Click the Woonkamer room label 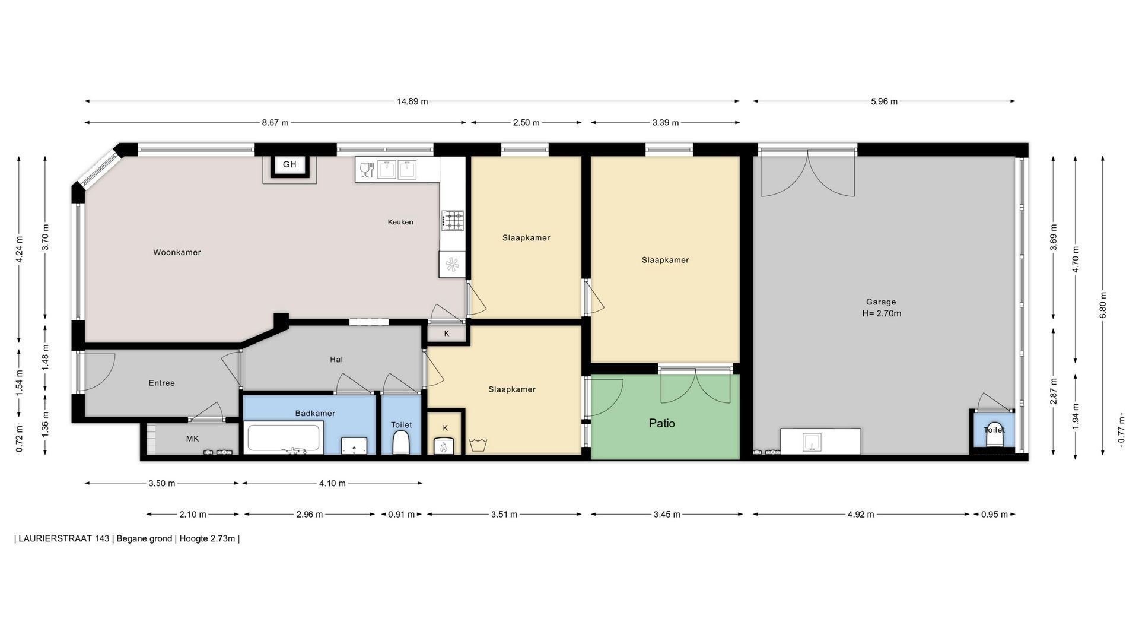click(177, 252)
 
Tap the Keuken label click(400, 222)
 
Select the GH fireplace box click(289, 165)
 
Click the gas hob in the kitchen click(453, 221)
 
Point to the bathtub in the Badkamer click(284, 438)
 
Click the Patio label click(661, 423)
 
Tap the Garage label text click(881, 302)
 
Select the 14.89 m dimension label click(412, 101)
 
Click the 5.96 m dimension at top click(884, 101)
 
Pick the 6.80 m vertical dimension click(1103, 304)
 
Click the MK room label click(192, 439)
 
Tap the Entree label click(161, 383)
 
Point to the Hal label click(336, 359)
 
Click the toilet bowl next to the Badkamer click(401, 443)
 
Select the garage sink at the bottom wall click(812, 441)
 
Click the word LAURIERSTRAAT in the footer click(64, 539)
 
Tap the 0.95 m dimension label click(994, 515)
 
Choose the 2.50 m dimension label click(526, 123)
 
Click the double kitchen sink click(397, 169)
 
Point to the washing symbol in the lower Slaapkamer click(478, 445)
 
